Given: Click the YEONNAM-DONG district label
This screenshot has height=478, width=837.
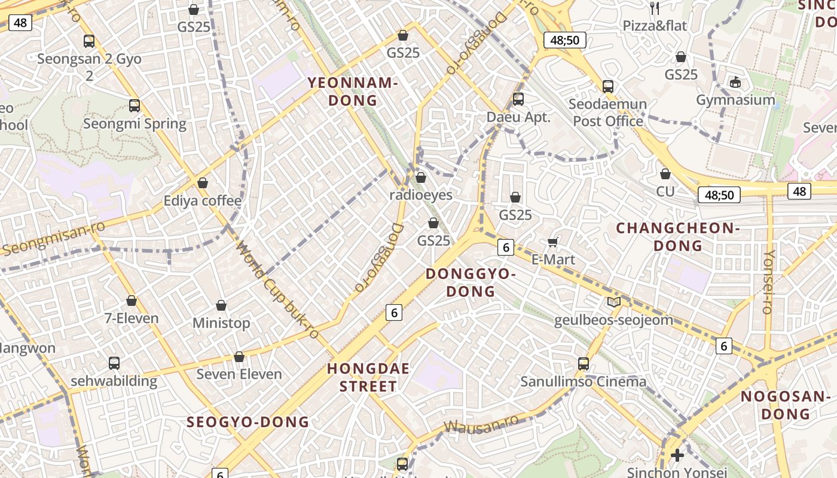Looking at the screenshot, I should click(353, 91).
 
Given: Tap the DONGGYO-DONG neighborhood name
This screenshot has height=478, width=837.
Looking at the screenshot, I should click(471, 283).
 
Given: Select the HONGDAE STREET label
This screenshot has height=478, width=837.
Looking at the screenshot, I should click(368, 377).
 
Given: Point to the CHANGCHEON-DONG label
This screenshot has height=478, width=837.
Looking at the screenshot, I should click(678, 237).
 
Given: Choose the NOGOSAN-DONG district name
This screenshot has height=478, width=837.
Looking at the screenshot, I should click(786, 405).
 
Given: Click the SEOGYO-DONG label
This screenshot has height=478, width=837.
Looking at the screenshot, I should click(248, 422).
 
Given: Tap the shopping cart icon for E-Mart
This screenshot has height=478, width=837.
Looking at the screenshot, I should click(553, 242).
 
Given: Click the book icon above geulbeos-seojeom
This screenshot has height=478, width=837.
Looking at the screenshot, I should click(613, 302).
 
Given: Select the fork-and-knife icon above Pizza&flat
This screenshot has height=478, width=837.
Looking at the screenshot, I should click(655, 8).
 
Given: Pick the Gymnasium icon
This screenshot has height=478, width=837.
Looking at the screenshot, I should click(735, 82).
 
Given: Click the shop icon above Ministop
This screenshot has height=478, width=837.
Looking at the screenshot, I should click(221, 305).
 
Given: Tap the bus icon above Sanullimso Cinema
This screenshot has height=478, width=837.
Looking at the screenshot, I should click(584, 363).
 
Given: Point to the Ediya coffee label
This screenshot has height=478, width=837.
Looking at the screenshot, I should click(203, 201).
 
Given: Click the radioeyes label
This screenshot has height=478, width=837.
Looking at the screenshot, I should click(421, 195).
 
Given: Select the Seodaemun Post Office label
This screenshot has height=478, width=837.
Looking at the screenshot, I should click(607, 112).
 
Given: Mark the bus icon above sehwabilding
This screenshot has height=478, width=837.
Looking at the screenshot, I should click(114, 363).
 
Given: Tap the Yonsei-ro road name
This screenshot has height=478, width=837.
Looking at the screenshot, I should click(769, 281).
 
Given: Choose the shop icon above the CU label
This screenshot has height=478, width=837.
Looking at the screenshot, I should click(665, 174).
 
